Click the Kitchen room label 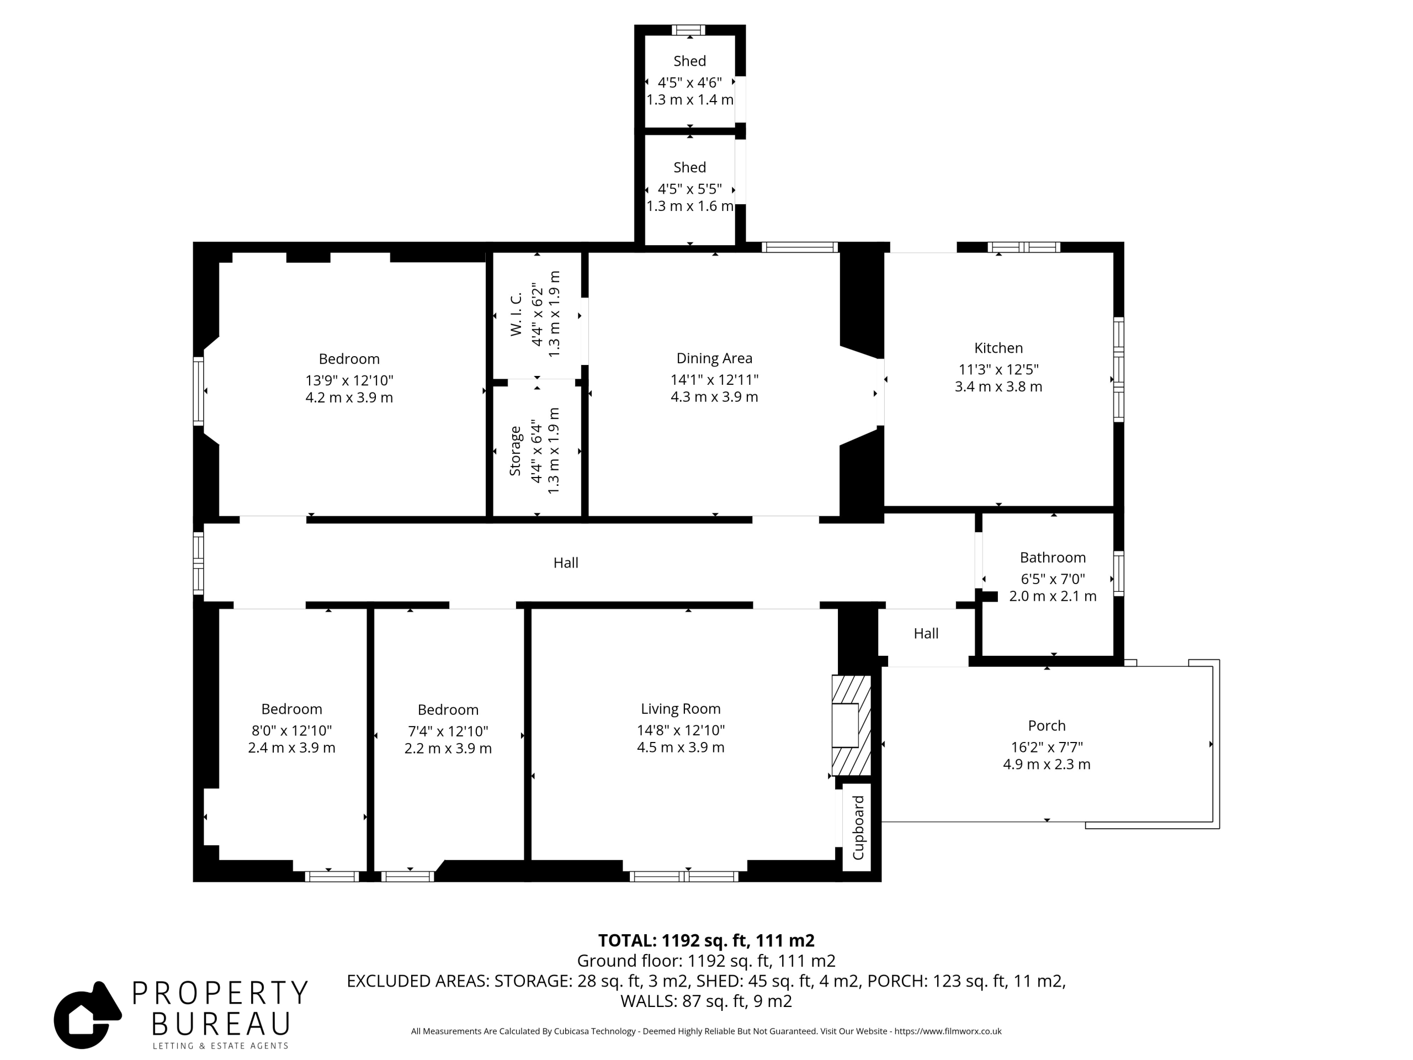998,348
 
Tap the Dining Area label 714,358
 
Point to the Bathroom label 1053,558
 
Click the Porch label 1047,726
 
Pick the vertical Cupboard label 858,828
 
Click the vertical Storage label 515,451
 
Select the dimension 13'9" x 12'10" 349,380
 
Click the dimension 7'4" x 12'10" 448,731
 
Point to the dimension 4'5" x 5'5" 690,189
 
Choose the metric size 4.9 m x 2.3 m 1047,764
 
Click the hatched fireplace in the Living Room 852,725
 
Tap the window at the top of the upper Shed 689,30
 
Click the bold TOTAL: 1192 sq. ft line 706,941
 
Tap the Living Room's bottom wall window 683,877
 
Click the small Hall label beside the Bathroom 926,633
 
